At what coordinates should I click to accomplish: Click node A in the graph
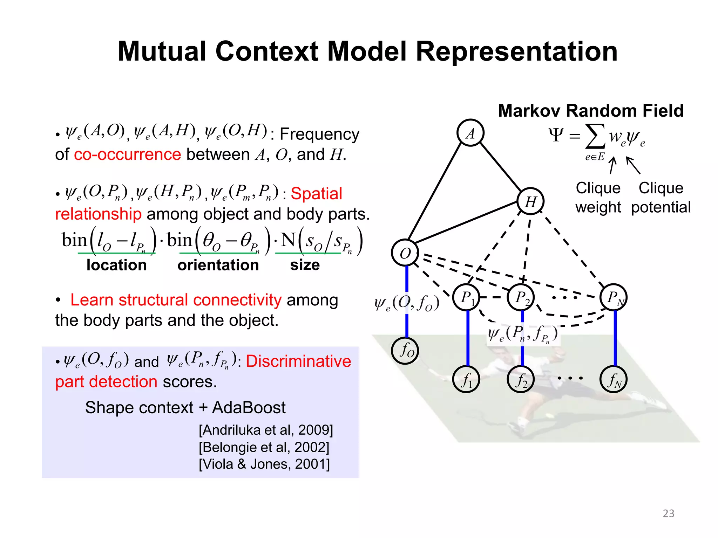point(470,133)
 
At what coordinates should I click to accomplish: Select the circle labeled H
point(530,201)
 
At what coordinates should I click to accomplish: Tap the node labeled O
point(405,253)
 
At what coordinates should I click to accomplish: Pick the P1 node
point(466,297)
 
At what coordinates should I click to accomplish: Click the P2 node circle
point(521,297)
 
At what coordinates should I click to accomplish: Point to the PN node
point(614,297)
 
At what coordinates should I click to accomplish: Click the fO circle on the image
point(405,351)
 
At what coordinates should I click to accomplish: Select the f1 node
point(466,379)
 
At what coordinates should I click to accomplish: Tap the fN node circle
point(614,379)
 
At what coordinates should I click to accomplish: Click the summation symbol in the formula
point(595,137)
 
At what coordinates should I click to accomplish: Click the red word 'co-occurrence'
point(127,154)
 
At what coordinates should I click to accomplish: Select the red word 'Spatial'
point(316,194)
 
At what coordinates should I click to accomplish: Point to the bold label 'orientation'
point(218,265)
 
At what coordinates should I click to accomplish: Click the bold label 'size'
point(305,265)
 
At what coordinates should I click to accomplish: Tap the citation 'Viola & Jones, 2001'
point(264,464)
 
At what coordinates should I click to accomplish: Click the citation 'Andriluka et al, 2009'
point(266,430)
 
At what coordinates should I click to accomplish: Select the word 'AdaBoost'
point(249,408)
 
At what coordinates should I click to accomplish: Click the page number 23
point(668,513)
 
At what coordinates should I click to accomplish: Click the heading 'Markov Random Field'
point(591,111)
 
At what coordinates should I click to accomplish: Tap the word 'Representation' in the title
point(516,51)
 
